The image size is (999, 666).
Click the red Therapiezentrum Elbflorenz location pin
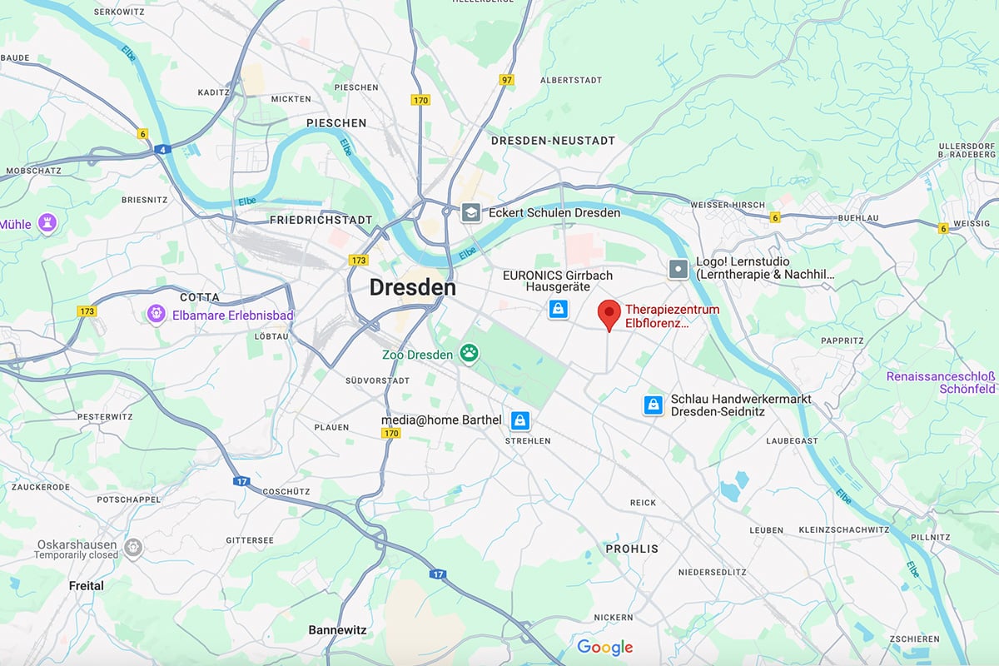(x=609, y=315)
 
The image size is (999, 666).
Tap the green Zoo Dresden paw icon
(x=470, y=355)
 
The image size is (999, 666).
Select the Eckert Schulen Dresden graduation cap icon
(x=472, y=212)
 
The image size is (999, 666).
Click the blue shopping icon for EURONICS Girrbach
(x=557, y=310)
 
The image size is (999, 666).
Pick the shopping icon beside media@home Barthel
(x=520, y=420)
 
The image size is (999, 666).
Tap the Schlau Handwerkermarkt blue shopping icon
(x=654, y=405)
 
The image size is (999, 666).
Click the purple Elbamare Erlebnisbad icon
(x=157, y=315)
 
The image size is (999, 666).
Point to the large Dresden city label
(x=412, y=288)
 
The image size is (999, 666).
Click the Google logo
(x=605, y=647)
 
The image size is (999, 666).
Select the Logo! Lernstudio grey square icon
(x=679, y=268)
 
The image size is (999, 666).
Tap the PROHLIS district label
(x=632, y=549)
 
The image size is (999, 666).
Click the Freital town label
(x=87, y=585)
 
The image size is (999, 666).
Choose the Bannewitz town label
(x=337, y=630)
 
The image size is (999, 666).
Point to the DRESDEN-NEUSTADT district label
(x=553, y=141)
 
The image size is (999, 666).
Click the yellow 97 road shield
(x=507, y=80)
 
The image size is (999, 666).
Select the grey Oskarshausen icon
(x=133, y=548)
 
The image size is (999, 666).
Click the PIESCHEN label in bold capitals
(x=336, y=122)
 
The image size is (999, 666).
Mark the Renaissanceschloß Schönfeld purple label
(x=940, y=382)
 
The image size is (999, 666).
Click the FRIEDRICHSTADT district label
(x=321, y=220)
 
